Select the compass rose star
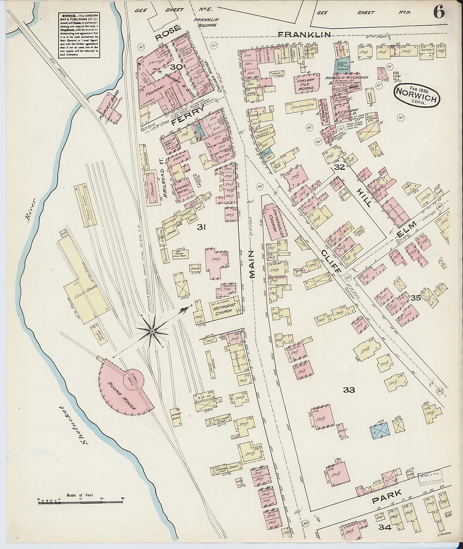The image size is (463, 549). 152,332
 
